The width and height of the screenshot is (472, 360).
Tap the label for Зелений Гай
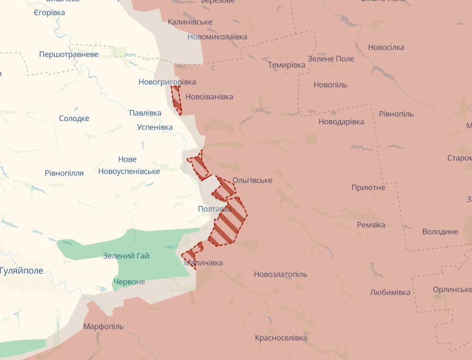(x=126, y=256)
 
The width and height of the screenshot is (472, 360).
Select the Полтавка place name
(x=215, y=209)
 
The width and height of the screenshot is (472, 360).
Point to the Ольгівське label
(x=252, y=180)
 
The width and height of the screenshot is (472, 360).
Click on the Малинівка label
(x=203, y=263)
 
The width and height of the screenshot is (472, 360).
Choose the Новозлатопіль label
(x=280, y=274)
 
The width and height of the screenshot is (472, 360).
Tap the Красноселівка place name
(x=281, y=338)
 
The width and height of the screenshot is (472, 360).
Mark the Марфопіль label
(x=103, y=326)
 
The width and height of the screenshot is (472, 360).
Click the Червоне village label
(x=129, y=282)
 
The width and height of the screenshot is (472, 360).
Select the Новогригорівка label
(x=167, y=82)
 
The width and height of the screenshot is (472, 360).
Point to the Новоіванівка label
(x=209, y=97)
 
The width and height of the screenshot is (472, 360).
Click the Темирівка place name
(x=286, y=65)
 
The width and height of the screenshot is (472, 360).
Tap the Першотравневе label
(x=69, y=54)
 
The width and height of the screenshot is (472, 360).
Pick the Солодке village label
(x=74, y=118)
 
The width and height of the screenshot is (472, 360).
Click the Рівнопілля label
(x=64, y=173)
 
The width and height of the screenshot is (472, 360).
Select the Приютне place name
(x=368, y=187)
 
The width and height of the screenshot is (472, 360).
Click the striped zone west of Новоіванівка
(x=177, y=99)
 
